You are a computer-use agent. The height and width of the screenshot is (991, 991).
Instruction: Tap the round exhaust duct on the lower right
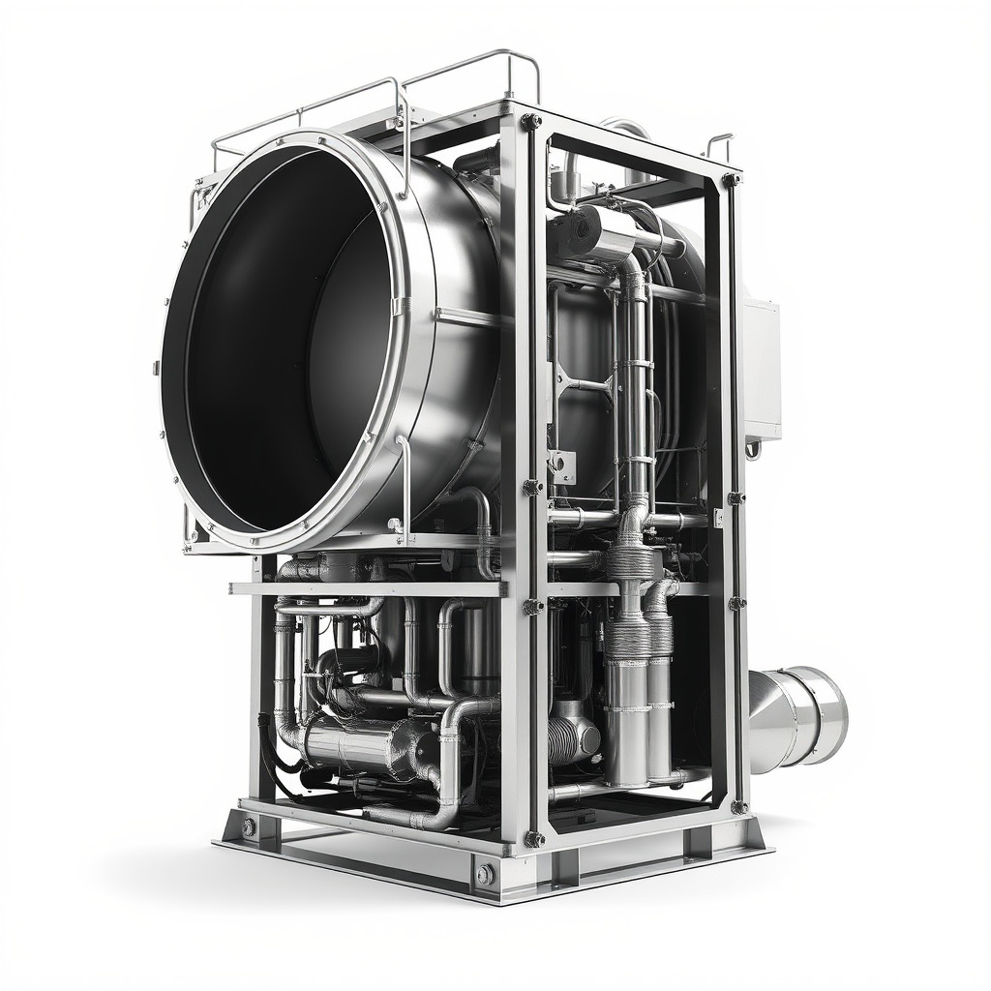pyautogui.click(x=798, y=718)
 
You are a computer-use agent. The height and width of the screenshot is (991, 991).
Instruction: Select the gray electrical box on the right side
pyautogui.click(x=762, y=368)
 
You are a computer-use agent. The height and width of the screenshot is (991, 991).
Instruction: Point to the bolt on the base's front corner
pyautogui.click(x=485, y=875)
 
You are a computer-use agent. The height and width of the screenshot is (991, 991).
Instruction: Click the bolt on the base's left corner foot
pyautogui.click(x=249, y=826)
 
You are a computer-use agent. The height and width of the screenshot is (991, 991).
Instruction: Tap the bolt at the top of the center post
pyautogui.click(x=530, y=122)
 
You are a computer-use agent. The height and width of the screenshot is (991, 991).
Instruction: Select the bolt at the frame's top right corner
pyautogui.click(x=732, y=179)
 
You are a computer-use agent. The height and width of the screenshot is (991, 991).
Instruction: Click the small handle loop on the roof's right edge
pyautogui.click(x=718, y=144)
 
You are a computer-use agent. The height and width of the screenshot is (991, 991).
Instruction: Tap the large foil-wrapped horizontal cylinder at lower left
pyautogui.click(x=358, y=745)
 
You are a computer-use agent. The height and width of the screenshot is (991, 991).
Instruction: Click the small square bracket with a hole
pyautogui.click(x=560, y=463)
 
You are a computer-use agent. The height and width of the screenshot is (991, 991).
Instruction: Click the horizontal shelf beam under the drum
pyautogui.click(x=368, y=588)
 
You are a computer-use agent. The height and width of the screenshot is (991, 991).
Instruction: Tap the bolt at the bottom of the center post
pyautogui.click(x=533, y=838)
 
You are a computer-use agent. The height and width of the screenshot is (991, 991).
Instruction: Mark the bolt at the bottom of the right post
pyautogui.click(x=738, y=806)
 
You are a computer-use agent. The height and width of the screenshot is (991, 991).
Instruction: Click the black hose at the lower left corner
pyautogui.click(x=271, y=750)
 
